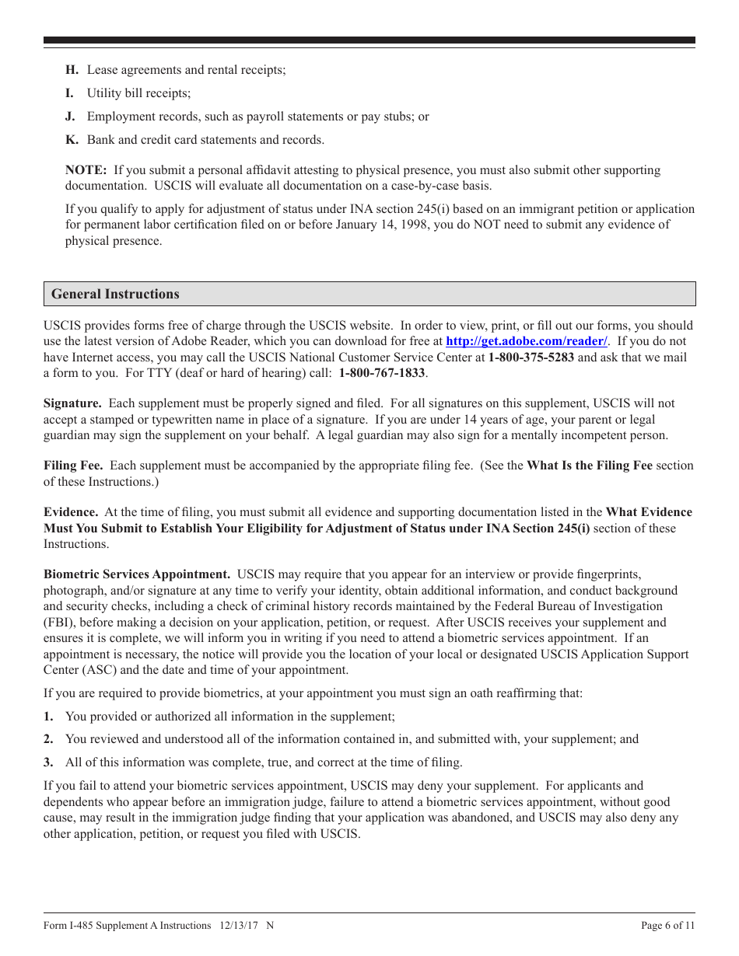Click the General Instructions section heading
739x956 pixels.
(115, 294)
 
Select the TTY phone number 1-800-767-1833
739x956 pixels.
(382, 373)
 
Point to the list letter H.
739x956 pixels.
(70, 70)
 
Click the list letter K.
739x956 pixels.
(70, 140)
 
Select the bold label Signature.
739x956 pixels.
(72, 403)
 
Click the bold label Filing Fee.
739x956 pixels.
(73, 466)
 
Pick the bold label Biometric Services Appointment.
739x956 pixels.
(137, 574)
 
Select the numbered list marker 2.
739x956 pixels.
(48, 739)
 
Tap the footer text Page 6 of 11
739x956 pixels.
(667, 925)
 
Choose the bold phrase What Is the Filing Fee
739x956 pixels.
(590, 466)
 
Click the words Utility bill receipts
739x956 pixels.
(138, 93)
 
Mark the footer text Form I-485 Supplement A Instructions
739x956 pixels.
(128, 925)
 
